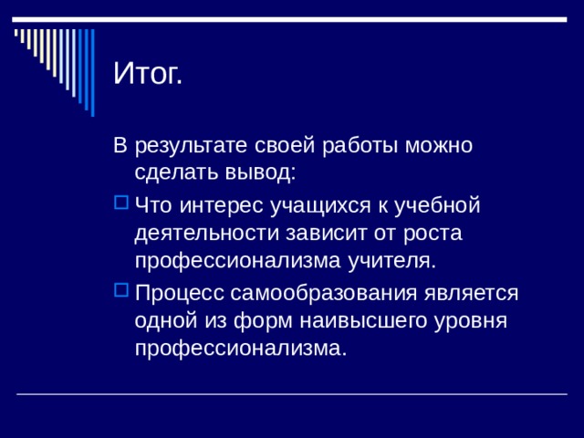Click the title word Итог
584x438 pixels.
148,73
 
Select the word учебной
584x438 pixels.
441,204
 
